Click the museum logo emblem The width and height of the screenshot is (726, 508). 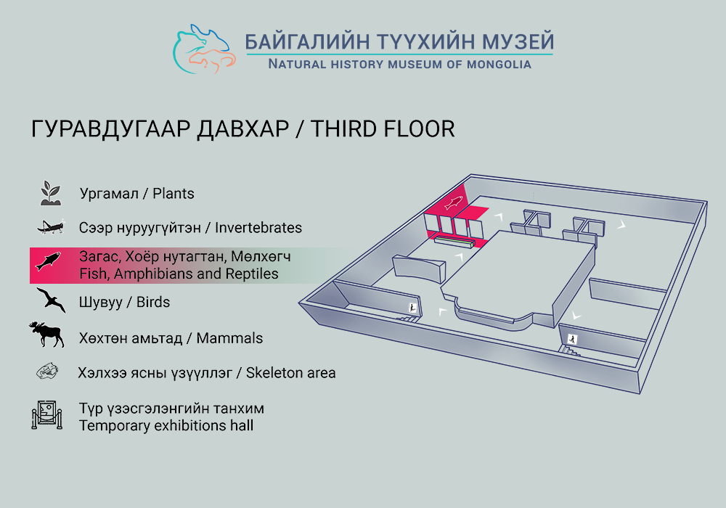pos(204,49)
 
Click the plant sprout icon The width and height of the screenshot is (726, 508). pos(51,193)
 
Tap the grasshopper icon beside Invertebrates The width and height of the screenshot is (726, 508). pos(51,226)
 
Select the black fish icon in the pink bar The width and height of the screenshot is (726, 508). pos(48,261)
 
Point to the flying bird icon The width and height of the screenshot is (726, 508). pos(51,300)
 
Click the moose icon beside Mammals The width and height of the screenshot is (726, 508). pos(46,335)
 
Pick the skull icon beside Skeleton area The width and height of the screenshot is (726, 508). pos(47,372)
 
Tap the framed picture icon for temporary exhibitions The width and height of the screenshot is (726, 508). pos(46,414)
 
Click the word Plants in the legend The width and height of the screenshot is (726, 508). pos(174,193)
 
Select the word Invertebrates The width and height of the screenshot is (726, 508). pos(258,228)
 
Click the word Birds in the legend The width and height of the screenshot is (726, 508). pos(152,302)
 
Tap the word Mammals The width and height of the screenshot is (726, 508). pos(229,338)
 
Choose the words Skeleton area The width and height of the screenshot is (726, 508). pos(291,373)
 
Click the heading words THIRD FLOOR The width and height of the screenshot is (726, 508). pos(383,129)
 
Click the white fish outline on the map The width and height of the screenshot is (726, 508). pos(453,202)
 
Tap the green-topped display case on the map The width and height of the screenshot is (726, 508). pos(454,241)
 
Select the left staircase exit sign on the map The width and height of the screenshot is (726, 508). pos(412,308)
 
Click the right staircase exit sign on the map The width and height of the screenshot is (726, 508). pos(572,340)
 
